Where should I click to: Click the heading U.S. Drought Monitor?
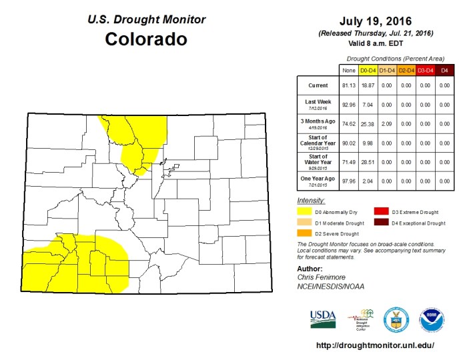click(x=147, y=20)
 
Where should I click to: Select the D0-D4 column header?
click(x=368, y=69)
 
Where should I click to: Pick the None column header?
click(x=348, y=69)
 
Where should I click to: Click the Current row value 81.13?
click(x=348, y=86)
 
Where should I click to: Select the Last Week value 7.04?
click(x=368, y=105)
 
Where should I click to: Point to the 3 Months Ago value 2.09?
click(x=387, y=123)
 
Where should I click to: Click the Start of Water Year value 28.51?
click(x=368, y=161)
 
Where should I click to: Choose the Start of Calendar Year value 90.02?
click(x=348, y=142)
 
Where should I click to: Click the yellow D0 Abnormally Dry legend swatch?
click(x=304, y=211)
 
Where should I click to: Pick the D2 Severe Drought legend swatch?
click(x=304, y=233)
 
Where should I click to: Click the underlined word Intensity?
click(x=311, y=200)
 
